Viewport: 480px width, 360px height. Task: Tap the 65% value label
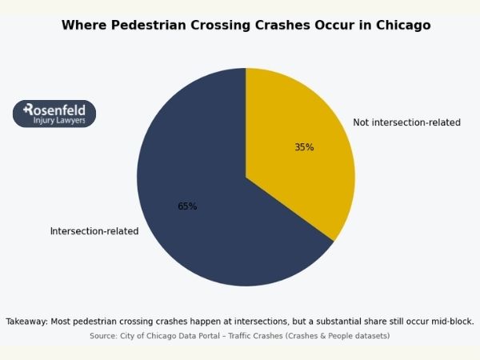click(187, 206)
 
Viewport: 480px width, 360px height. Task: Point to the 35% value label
click(304, 147)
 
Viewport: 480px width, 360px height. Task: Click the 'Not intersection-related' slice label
click(406, 122)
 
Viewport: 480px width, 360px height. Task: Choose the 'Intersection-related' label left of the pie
click(94, 231)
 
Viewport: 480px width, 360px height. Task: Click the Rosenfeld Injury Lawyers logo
click(54, 114)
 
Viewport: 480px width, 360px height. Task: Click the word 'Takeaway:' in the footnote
click(26, 321)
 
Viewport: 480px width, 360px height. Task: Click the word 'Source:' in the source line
click(104, 336)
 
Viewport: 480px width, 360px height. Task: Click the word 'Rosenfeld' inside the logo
click(56, 109)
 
